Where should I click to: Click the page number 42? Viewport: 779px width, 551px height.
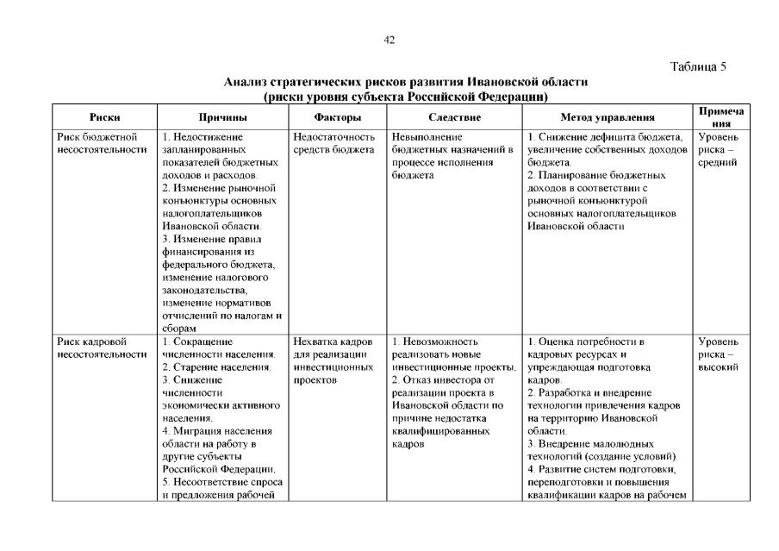point(389,40)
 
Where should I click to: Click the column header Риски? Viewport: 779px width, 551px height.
point(104,117)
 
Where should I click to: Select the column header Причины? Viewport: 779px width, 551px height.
point(222,117)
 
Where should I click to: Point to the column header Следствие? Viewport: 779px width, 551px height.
point(454,117)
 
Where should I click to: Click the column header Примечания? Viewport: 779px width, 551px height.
point(720,117)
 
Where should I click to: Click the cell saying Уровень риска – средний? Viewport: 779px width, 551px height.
point(718,149)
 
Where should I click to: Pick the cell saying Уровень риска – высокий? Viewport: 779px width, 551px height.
point(718,354)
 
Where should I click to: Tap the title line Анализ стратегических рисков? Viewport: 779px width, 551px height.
point(405,82)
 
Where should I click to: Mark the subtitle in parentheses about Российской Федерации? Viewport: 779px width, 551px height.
point(406,96)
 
